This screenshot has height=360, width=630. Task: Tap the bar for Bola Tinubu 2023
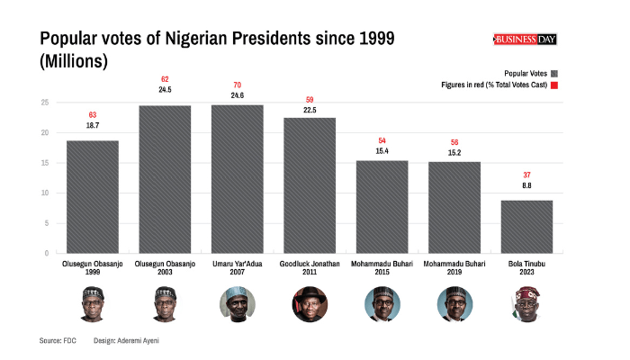point(526,226)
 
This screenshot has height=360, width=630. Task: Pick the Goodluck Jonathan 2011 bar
point(310,184)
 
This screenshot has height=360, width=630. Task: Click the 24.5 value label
point(165,90)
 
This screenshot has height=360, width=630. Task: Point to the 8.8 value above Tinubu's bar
point(526,185)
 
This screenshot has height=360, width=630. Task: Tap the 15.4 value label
point(382,151)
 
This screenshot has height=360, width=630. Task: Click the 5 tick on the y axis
point(46,223)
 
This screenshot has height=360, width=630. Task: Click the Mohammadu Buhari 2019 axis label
point(454,268)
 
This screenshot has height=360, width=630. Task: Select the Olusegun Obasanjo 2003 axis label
point(165,268)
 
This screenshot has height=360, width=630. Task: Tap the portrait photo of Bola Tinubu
point(526,304)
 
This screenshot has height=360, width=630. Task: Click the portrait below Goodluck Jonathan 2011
point(310,304)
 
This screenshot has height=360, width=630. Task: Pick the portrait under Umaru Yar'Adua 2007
point(238,304)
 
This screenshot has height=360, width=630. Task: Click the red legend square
point(554,85)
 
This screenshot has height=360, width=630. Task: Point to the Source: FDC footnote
point(57,341)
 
